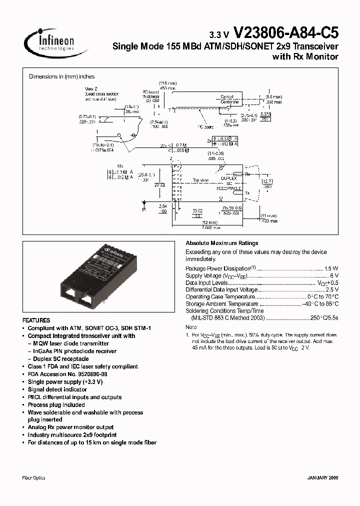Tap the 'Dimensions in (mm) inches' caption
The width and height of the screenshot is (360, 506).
click(x=61, y=76)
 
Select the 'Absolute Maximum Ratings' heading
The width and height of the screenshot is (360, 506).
click(x=214, y=242)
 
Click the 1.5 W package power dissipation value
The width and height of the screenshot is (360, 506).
click(x=331, y=268)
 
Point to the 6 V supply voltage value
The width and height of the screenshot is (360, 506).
click(x=334, y=275)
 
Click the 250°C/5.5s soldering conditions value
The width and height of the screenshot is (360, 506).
click(x=324, y=318)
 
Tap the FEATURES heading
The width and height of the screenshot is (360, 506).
click(x=36, y=320)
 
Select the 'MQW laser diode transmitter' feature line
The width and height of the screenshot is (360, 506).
click(x=71, y=343)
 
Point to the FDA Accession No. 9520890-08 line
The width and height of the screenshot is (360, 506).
click(x=67, y=374)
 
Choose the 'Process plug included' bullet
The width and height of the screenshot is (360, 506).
click(x=56, y=405)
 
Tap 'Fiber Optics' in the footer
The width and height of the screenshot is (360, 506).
click(x=34, y=478)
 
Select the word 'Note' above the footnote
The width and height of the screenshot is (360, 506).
click(x=191, y=327)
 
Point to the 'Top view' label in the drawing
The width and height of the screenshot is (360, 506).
click(x=200, y=180)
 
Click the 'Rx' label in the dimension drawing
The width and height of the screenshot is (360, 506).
click(x=247, y=174)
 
